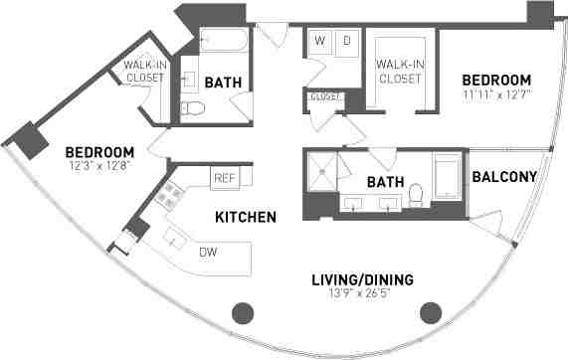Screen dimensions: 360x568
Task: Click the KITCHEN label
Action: [245, 216]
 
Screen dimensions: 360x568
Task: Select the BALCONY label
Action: [504, 177]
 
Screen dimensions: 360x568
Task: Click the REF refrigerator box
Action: [223, 177]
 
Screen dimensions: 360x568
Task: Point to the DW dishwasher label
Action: [207, 253]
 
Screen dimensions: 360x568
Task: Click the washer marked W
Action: [320, 42]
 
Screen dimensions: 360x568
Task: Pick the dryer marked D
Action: [346, 42]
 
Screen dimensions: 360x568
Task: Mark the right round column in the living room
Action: [431, 313]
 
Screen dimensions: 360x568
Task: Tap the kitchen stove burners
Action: [165, 196]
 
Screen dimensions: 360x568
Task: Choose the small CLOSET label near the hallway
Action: [325, 96]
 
